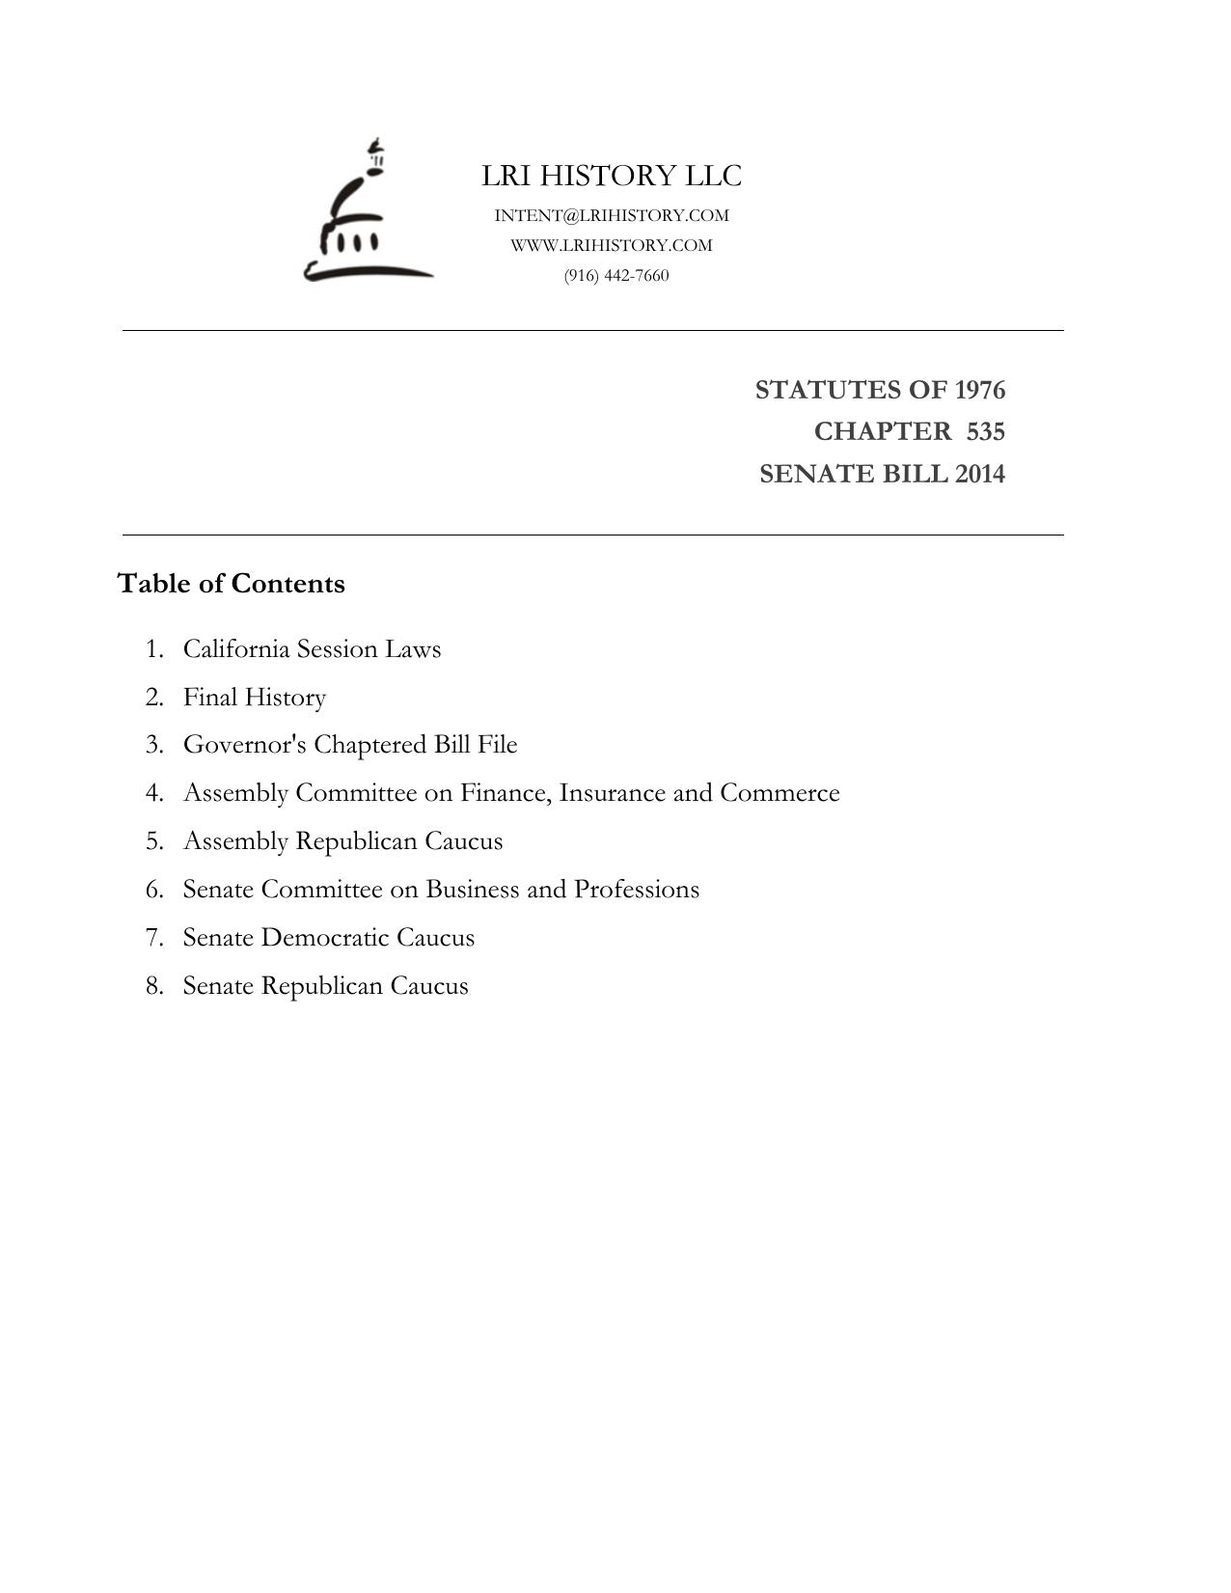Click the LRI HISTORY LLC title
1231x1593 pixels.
click(x=612, y=176)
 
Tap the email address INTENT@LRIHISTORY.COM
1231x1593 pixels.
click(x=612, y=215)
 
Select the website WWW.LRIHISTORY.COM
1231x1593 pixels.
click(x=612, y=245)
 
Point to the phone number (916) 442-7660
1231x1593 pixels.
click(x=616, y=275)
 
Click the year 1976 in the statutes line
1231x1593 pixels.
click(x=979, y=390)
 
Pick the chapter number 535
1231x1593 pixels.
click(x=985, y=431)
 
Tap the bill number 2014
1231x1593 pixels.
click(x=979, y=474)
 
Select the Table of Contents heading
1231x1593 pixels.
click(x=231, y=584)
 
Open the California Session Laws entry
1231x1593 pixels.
click(x=312, y=648)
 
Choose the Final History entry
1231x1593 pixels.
click(x=255, y=697)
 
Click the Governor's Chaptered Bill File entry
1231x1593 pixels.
click(x=350, y=745)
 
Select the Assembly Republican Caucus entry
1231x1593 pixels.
click(x=342, y=841)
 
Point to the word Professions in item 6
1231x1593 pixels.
click(x=636, y=889)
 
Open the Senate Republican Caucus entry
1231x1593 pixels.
click(x=325, y=985)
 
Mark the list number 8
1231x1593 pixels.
click(x=154, y=985)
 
